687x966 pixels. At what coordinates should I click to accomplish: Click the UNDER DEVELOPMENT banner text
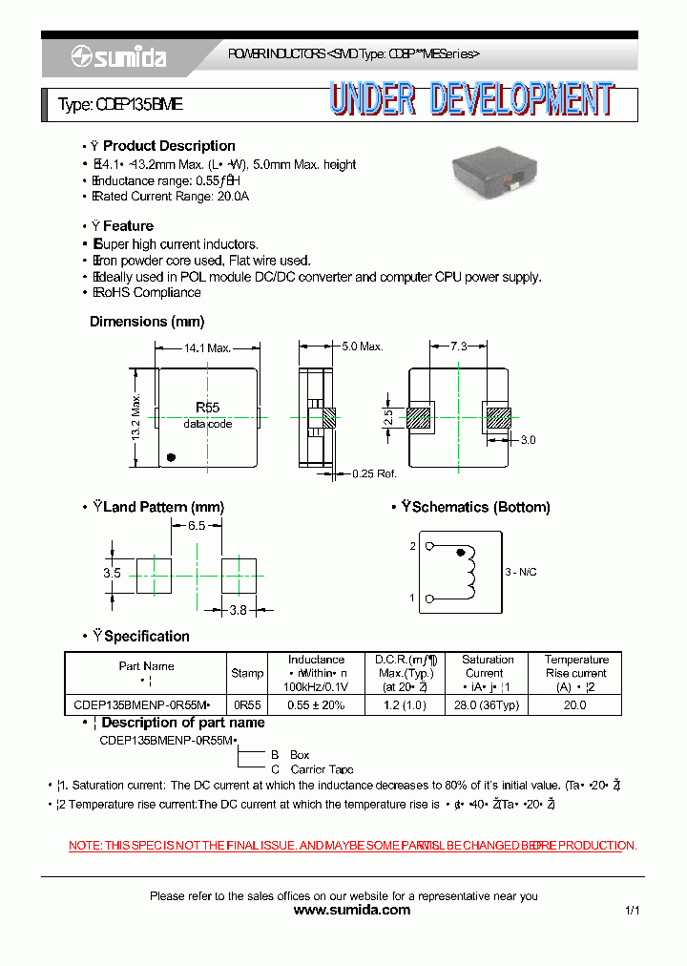point(472,100)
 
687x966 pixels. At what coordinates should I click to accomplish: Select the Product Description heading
point(169,146)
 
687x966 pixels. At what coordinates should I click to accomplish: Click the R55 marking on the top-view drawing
point(207,408)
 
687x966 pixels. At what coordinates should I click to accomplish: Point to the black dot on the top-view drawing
point(171,456)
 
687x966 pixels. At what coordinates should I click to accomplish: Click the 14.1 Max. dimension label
point(208,348)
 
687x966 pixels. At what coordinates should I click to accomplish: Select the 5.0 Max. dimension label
point(363,346)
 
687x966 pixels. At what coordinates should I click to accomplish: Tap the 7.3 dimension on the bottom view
point(459,347)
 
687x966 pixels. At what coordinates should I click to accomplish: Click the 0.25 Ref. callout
point(374,473)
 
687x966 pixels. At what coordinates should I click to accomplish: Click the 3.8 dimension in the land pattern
point(239,610)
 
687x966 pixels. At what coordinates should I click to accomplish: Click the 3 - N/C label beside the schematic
point(521,572)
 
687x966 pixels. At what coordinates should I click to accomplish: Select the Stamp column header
point(247,673)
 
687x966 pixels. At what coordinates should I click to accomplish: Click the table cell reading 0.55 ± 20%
point(316,705)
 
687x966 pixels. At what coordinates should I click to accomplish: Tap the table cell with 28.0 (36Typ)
point(488,705)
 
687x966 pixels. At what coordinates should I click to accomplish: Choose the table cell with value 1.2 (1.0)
point(405,705)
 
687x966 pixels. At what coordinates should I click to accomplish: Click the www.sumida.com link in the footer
point(351,911)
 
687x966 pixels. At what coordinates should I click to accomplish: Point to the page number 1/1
point(633,912)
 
